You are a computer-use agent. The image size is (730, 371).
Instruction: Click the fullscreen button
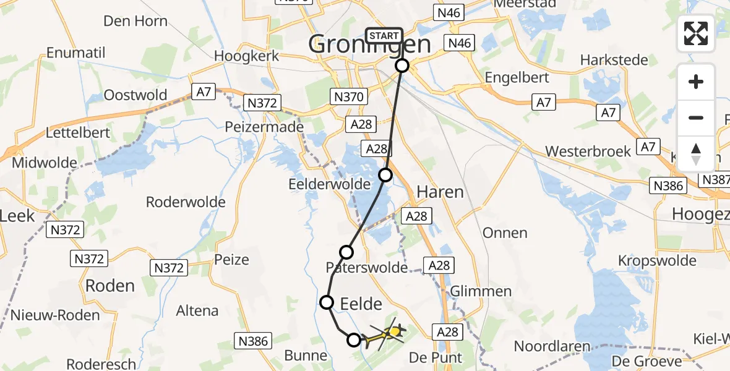click(x=696, y=33)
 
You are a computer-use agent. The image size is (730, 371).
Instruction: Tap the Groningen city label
click(x=369, y=45)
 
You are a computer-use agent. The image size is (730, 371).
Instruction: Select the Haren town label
click(x=440, y=192)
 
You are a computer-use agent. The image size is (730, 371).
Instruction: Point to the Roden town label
click(x=110, y=286)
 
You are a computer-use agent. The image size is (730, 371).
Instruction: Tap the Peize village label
click(x=231, y=259)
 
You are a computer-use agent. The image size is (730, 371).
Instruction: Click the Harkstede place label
click(x=614, y=61)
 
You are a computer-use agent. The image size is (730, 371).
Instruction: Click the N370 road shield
click(x=350, y=96)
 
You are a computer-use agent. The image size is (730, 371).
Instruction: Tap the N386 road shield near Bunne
click(x=253, y=339)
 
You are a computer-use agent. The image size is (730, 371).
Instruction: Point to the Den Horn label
click(x=135, y=21)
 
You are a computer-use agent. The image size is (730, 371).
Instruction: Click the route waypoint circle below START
click(x=402, y=66)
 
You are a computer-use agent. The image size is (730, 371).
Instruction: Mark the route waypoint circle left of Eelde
click(x=326, y=302)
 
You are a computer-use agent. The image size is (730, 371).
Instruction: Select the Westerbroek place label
click(x=588, y=151)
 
